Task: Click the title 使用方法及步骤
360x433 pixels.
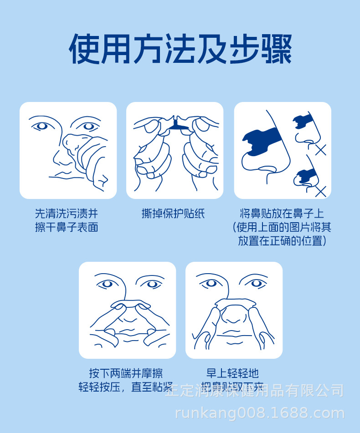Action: pos(180,48)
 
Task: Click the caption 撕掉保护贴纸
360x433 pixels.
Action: pos(173,214)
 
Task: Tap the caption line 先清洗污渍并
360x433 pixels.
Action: pos(67,214)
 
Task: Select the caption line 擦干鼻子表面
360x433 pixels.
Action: pos(67,227)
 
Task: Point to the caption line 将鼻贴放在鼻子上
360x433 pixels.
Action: pos(282,214)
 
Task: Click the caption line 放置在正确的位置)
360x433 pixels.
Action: pos(282,241)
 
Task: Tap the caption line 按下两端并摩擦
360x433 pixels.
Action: pos(126,373)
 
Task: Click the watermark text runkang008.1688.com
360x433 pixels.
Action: pos(260,413)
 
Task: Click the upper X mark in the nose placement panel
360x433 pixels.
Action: pos(320,149)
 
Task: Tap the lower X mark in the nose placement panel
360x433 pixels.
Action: pos(320,191)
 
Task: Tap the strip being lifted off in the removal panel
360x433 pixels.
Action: pos(234,302)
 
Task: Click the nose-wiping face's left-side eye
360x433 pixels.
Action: pos(42,125)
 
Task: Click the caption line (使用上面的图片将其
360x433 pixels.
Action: pos(282,227)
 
